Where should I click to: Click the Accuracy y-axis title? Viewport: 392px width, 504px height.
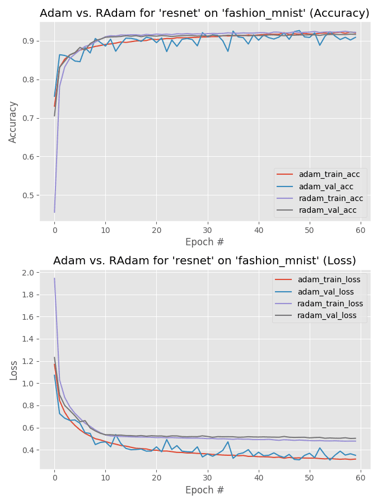click(13, 122)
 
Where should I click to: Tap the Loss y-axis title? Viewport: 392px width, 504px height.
click(13, 370)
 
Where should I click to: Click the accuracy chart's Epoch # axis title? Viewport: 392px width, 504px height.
click(204, 242)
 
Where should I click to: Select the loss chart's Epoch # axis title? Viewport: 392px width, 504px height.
click(204, 490)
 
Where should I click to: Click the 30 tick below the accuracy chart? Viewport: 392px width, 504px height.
click(207, 230)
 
